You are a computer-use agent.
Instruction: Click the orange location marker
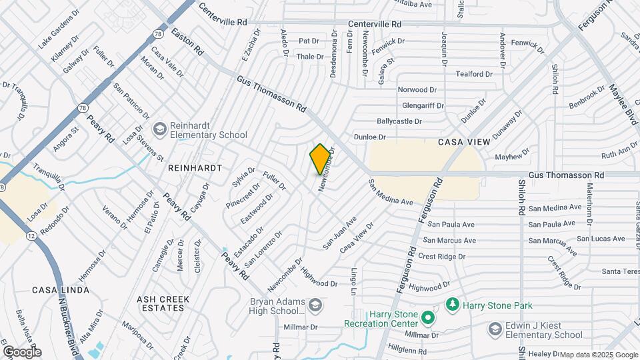pos(321,159)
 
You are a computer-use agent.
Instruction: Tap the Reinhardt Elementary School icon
pos(159,129)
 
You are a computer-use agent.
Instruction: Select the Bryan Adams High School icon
pos(315,305)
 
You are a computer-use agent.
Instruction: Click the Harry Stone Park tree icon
pos(453,305)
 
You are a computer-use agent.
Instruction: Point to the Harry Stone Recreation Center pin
pos(428,319)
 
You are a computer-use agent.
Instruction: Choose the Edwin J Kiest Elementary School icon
pos(495,329)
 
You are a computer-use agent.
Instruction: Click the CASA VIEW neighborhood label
pos(464,142)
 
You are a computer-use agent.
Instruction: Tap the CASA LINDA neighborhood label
pos(56,290)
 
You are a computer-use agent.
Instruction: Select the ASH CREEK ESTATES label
pos(160,303)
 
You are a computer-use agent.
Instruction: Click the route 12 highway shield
pos(31,236)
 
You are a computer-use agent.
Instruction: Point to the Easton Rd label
pos(187,41)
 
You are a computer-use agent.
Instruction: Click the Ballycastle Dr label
pos(399,121)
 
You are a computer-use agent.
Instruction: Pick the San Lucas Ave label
pos(601,238)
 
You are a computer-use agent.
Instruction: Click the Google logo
pos(21,351)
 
